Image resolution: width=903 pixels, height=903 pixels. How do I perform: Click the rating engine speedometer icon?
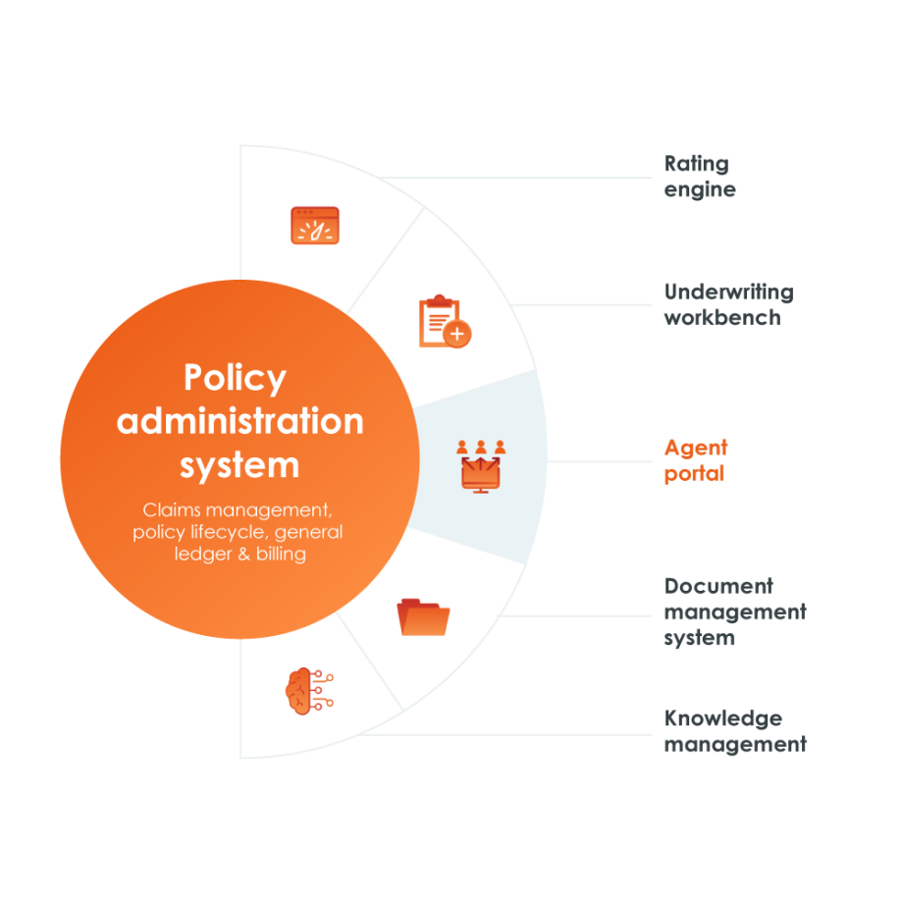tap(315, 225)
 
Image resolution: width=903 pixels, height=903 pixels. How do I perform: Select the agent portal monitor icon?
tap(481, 466)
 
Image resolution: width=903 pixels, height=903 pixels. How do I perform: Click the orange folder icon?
tap(423, 616)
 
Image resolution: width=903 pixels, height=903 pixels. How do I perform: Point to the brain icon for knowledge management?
tap(309, 691)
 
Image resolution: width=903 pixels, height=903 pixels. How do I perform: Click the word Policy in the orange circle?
tap(235, 378)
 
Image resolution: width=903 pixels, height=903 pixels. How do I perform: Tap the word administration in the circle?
tap(240, 421)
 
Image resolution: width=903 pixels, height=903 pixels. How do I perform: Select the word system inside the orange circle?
tap(239, 465)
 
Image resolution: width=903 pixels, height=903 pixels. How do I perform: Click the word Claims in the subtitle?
tap(172, 509)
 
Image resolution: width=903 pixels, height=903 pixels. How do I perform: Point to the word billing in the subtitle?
tap(281, 554)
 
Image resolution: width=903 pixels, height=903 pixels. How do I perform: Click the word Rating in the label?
tap(696, 164)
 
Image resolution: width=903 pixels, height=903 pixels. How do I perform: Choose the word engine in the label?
tap(700, 190)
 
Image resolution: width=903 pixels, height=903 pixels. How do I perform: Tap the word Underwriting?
tap(729, 292)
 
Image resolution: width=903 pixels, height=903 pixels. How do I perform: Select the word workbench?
tap(722, 317)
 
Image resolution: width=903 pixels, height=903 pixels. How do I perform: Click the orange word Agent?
tap(696, 449)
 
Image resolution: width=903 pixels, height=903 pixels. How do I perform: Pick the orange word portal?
tap(694, 474)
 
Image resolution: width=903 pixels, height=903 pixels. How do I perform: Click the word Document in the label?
tap(718, 586)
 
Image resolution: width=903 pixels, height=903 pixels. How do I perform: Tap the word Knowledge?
tap(723, 718)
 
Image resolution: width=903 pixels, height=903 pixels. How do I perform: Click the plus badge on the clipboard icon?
tap(457, 334)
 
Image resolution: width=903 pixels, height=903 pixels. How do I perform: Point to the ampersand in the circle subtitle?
tap(243, 554)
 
